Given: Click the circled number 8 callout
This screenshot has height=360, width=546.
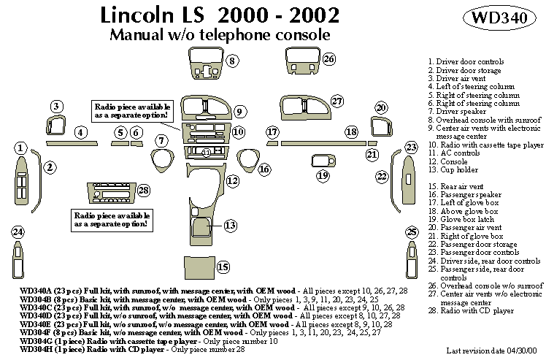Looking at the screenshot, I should (x=231, y=61).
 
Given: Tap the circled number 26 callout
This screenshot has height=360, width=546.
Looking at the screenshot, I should (x=328, y=58).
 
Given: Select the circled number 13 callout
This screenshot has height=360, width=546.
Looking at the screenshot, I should (x=231, y=225).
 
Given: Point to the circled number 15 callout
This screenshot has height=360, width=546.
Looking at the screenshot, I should (x=223, y=267).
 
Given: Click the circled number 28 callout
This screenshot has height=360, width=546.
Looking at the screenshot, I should (x=143, y=191).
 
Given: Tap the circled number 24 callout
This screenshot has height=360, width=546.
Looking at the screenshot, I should (x=18, y=232).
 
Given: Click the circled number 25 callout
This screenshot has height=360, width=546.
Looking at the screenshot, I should (x=412, y=232).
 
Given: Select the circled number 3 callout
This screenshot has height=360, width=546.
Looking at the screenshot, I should (x=55, y=107).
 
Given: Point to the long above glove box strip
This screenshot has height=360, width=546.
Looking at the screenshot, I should (x=322, y=143).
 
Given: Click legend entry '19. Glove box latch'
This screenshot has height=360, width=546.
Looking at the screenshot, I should (x=466, y=219).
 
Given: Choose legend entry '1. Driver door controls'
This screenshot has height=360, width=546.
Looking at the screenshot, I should (x=465, y=62).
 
